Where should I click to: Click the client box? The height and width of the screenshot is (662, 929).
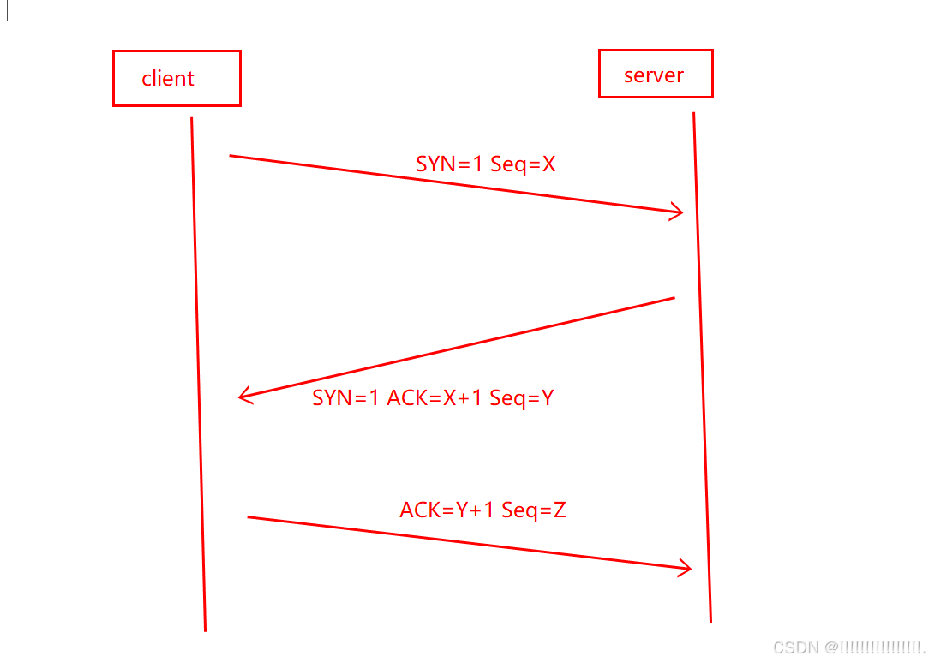coord(177,78)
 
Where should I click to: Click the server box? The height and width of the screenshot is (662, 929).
coord(655,75)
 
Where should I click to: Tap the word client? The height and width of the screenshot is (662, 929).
coord(168,79)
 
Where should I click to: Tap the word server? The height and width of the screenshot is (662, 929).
coord(654,75)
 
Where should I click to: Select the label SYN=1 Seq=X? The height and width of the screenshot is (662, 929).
coord(485,164)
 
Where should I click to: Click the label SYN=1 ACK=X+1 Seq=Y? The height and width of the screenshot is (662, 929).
coord(433,397)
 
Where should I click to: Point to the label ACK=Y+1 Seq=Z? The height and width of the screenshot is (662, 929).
coord(482,510)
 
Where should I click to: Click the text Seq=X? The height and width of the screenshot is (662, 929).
coord(523,164)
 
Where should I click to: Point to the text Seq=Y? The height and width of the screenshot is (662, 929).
coord(521,397)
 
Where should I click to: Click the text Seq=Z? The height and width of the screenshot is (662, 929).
coord(534,510)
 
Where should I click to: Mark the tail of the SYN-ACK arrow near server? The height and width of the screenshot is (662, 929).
coord(674,298)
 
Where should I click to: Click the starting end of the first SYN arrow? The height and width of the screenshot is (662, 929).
coord(231,156)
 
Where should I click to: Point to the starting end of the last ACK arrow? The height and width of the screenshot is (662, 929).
coord(249,517)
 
